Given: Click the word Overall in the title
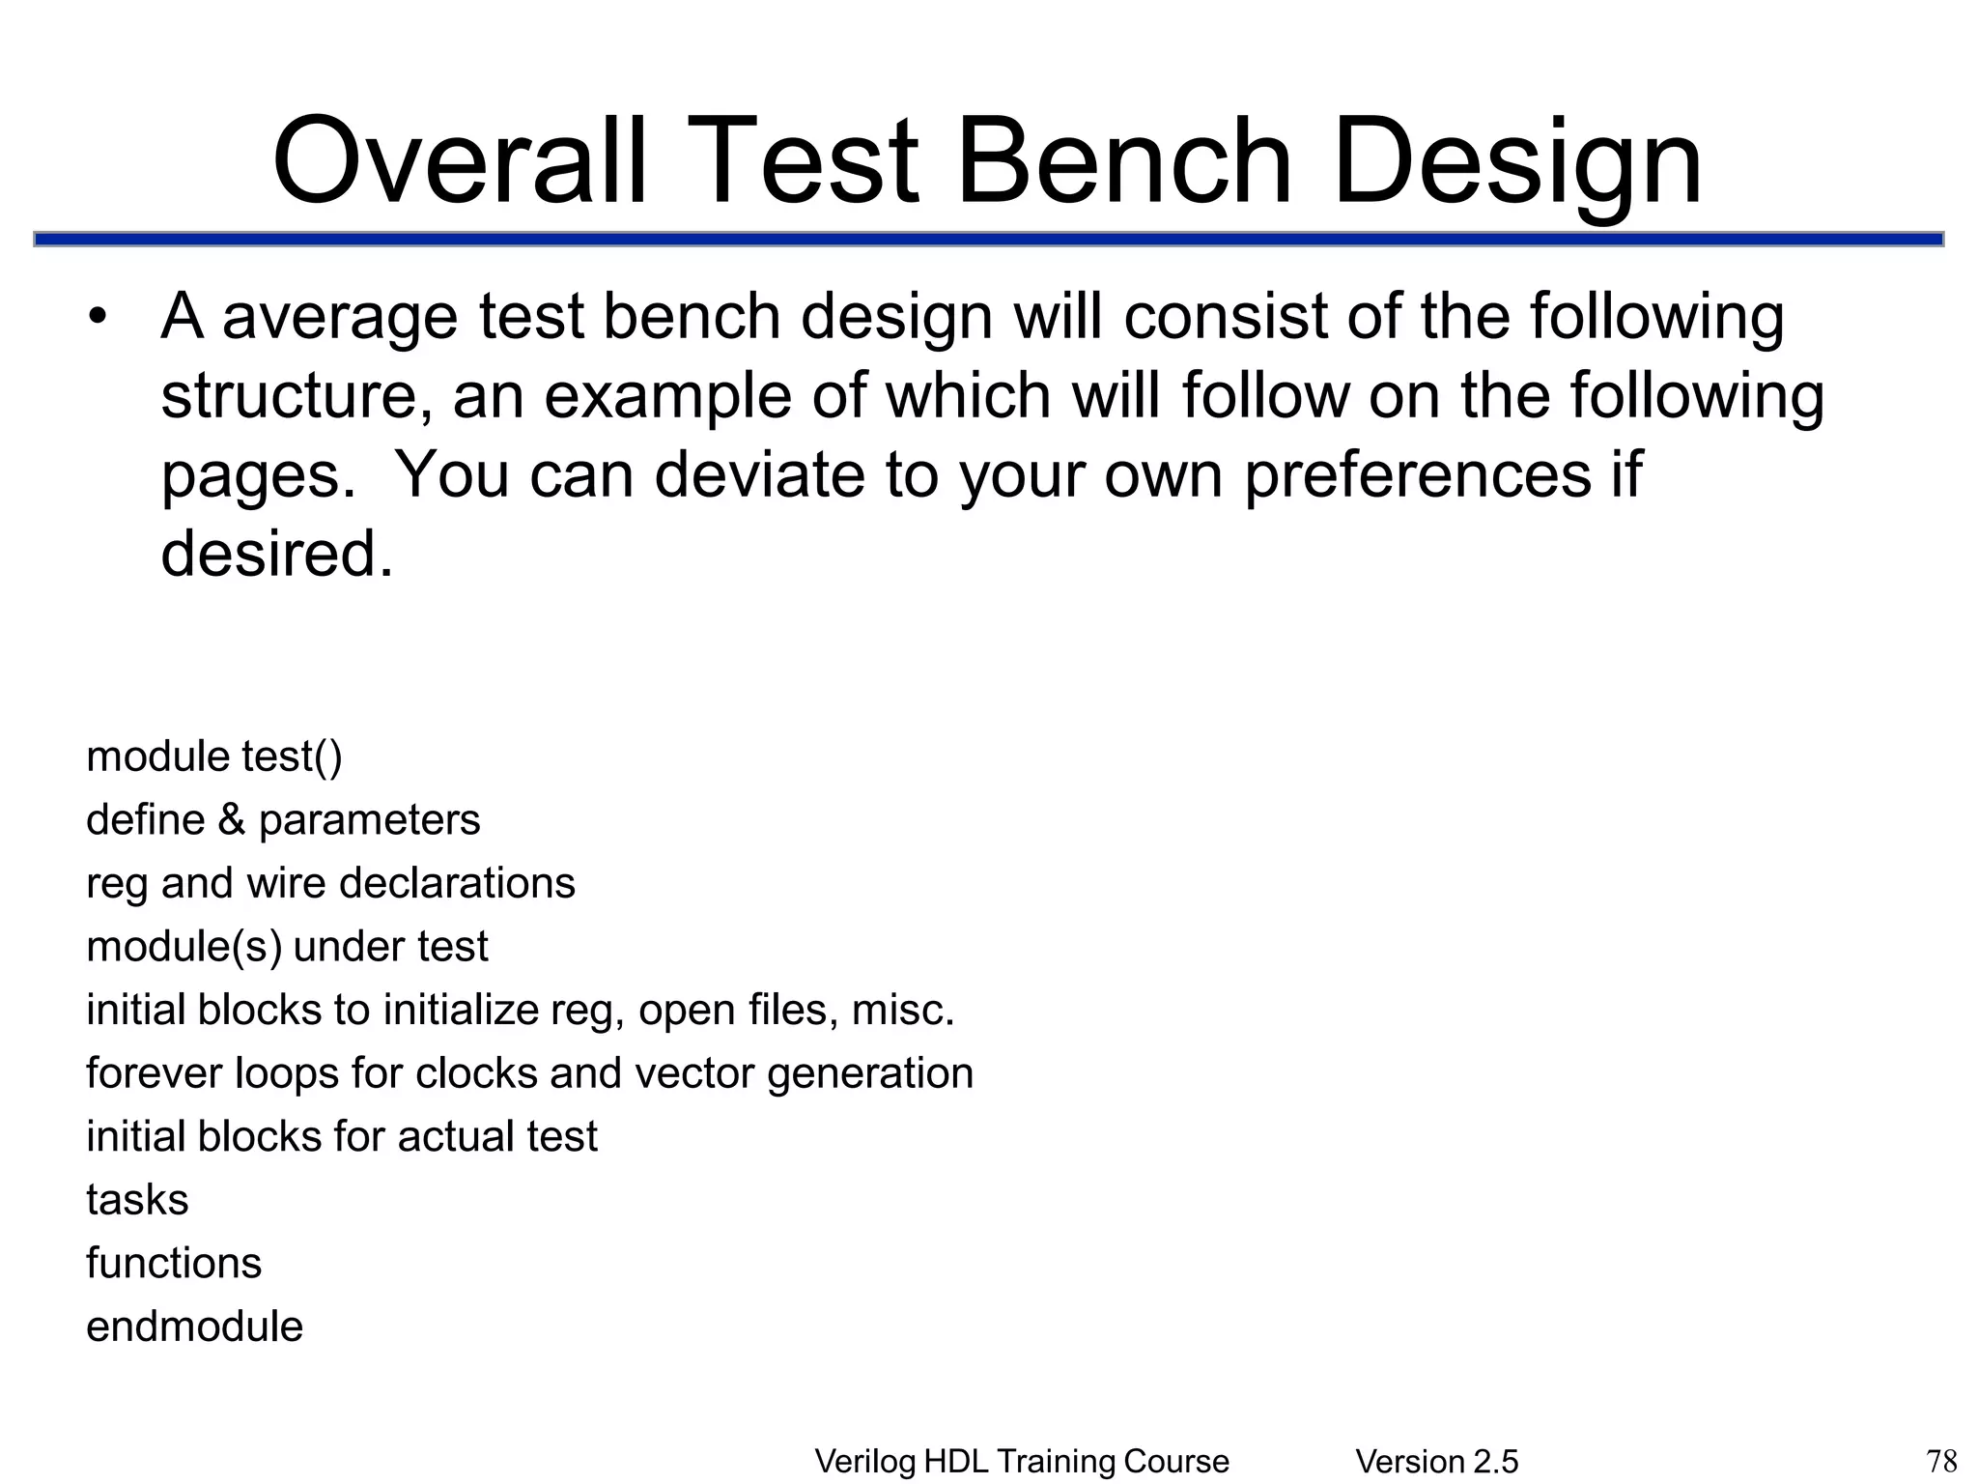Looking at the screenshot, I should pyautogui.click(x=460, y=161).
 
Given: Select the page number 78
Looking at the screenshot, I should pyautogui.click(x=1941, y=1460).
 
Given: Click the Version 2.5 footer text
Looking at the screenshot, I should pyautogui.click(x=1436, y=1462).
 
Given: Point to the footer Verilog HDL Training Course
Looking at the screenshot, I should pyautogui.click(x=1022, y=1462).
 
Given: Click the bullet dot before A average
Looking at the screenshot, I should pyautogui.click(x=97, y=319).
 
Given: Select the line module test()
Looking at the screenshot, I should pyautogui.click(x=213, y=756).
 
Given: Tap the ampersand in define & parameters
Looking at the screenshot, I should pyautogui.click(x=232, y=820).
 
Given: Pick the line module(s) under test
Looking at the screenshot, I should pyautogui.click(x=287, y=947).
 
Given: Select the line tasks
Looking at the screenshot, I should pyautogui.click(x=137, y=1200).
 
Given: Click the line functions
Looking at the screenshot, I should pyautogui.click(x=174, y=1264).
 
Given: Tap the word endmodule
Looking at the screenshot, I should pyautogui.click(x=194, y=1327).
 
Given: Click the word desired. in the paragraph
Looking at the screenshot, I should pyautogui.click(x=277, y=555).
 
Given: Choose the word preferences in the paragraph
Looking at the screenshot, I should pyautogui.click(x=1417, y=475).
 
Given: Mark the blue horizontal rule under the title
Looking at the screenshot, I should pyautogui.click(x=989, y=239).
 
